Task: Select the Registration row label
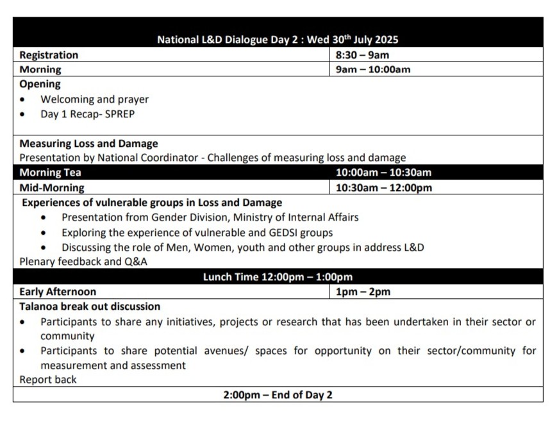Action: click(49, 55)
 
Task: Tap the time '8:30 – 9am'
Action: click(362, 55)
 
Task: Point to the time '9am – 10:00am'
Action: click(373, 69)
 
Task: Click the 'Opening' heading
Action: click(40, 84)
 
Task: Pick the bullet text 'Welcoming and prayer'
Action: click(94, 99)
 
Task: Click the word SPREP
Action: click(120, 114)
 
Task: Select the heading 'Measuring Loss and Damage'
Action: click(88, 144)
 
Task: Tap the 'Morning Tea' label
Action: click(50, 173)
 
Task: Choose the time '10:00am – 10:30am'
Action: click(383, 173)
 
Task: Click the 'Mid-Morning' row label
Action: click(51, 188)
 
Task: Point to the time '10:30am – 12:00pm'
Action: click(383, 188)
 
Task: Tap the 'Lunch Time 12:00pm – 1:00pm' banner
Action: click(278, 277)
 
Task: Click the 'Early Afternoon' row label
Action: click(58, 292)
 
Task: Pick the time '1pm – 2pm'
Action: click(363, 292)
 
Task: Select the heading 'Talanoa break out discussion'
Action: click(90, 307)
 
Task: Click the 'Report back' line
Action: click(47, 380)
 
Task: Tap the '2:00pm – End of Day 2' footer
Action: click(278, 395)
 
